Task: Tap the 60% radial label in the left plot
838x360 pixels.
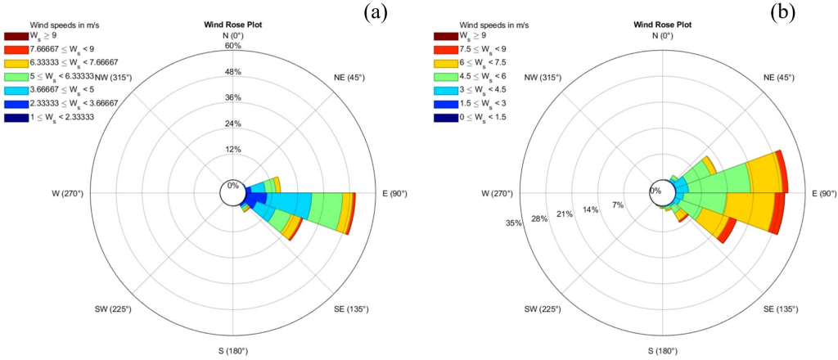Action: click(x=232, y=46)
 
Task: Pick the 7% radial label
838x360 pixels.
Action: click(x=618, y=205)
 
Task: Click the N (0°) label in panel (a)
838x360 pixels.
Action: click(x=232, y=35)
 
